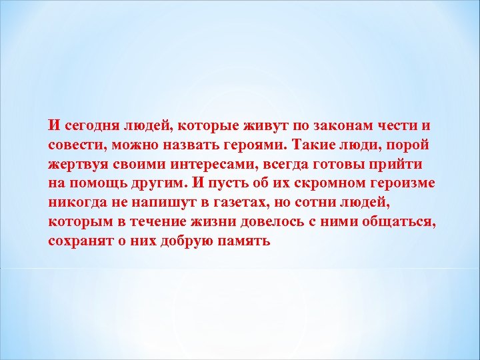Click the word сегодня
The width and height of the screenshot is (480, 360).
click(88, 125)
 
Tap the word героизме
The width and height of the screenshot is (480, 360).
click(399, 183)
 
